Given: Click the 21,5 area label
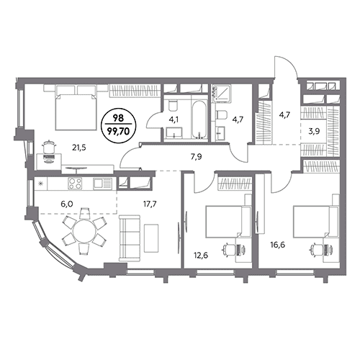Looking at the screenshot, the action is [x=79, y=148].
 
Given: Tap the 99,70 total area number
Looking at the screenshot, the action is [x=120, y=131].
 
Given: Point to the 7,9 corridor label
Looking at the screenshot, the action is [x=196, y=157].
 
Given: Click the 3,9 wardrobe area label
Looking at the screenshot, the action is [x=314, y=131].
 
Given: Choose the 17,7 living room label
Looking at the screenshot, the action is [x=150, y=204].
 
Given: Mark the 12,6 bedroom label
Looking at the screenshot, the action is [x=201, y=255].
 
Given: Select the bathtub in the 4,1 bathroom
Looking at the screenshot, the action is [x=199, y=120].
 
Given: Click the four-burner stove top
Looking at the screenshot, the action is [x=76, y=184].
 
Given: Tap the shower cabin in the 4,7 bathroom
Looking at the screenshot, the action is [x=221, y=94].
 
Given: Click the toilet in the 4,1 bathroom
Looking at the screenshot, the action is [x=173, y=106].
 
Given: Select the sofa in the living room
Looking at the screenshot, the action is [x=130, y=238].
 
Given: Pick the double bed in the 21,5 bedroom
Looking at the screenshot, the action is [x=75, y=109].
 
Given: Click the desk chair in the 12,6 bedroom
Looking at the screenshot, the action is [x=228, y=249].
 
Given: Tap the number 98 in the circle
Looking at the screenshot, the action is [x=120, y=118].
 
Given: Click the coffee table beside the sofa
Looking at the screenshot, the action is [x=151, y=238].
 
